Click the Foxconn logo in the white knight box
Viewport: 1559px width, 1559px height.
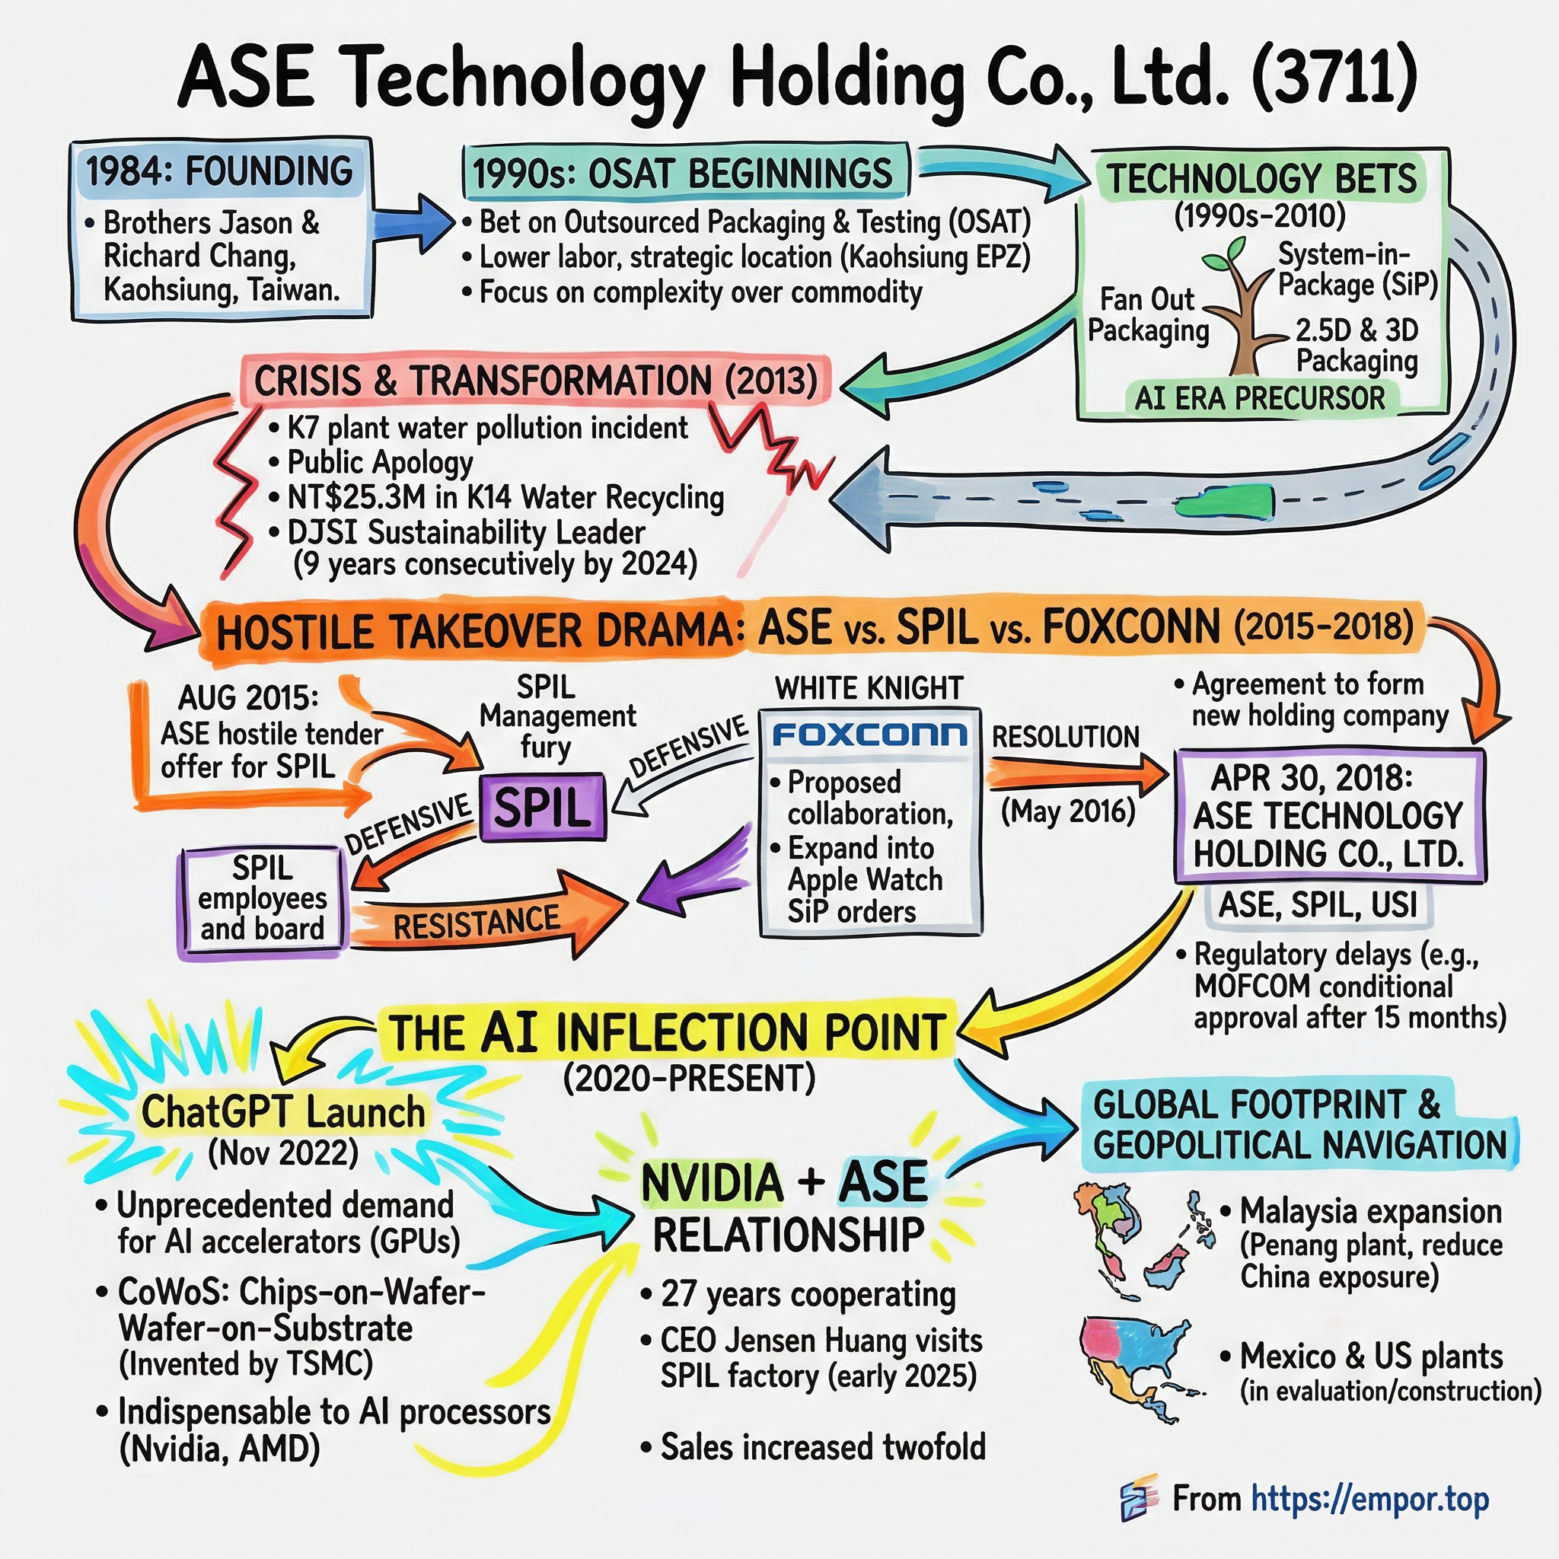tap(869, 735)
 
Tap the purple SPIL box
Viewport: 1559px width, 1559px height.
tap(542, 806)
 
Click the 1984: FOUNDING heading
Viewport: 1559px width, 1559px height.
tap(219, 171)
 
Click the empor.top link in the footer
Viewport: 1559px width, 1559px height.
tap(1369, 1498)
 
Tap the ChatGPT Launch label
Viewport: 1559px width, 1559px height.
tap(282, 1112)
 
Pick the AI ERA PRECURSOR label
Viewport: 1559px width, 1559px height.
tap(1260, 398)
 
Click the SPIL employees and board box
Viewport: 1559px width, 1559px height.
tap(263, 899)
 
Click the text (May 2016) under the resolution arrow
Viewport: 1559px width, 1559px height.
tap(1067, 811)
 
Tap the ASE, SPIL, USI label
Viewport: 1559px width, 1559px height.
tap(1318, 904)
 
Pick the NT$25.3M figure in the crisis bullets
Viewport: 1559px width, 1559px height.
tap(355, 497)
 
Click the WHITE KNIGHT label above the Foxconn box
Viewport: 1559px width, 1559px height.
tap(869, 688)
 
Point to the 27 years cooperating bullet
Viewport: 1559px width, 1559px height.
tap(808, 1293)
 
